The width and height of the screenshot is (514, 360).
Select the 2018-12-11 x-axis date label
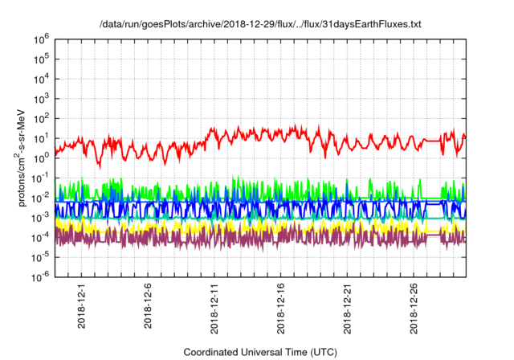click(x=215, y=309)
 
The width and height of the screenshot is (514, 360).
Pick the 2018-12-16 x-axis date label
click(x=282, y=309)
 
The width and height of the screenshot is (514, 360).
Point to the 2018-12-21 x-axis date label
click(x=349, y=309)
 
